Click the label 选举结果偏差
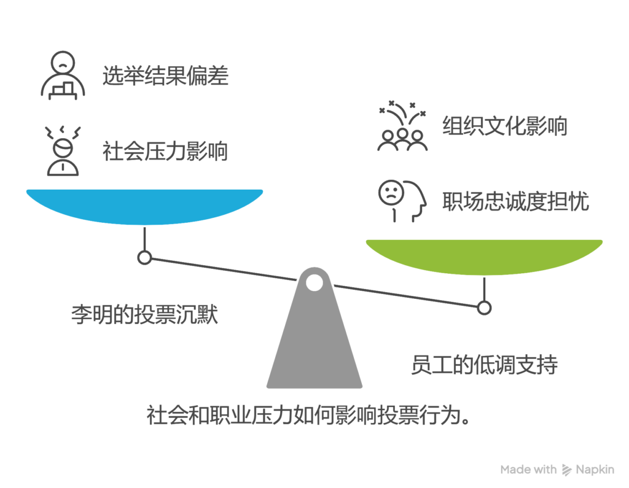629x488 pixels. [x=165, y=76]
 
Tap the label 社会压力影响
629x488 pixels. [x=165, y=151]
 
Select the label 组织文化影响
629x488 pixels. [x=505, y=126]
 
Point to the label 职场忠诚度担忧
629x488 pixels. [x=515, y=201]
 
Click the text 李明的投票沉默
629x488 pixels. [x=144, y=314]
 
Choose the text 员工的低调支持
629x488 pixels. [x=484, y=365]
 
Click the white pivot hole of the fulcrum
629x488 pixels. [x=314, y=283]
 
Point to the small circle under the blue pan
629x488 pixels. [x=144, y=257]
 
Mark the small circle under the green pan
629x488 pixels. [x=484, y=308]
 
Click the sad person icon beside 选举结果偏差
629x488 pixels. [x=63, y=76]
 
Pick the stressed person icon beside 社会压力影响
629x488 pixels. [x=63, y=151]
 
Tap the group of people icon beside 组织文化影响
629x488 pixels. [x=402, y=126]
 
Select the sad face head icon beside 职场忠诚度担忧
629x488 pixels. [x=402, y=201]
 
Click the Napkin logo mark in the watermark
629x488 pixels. [x=566, y=470]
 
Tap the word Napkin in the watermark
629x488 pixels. [x=595, y=469]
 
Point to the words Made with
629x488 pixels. [x=528, y=469]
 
